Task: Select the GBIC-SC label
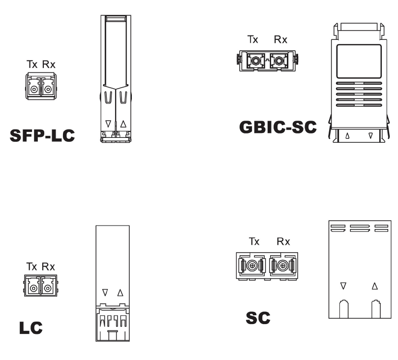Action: point(278,128)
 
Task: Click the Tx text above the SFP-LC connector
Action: point(31,65)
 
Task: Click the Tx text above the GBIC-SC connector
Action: point(253,40)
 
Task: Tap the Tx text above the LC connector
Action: point(31,267)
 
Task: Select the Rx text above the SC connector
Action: point(283,242)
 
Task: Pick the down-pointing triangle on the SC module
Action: point(343,286)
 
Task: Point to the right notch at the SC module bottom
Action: point(375,309)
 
